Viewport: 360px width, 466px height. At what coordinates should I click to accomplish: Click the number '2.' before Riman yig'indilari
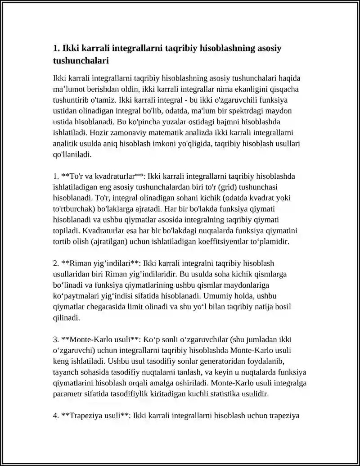[x=56, y=263]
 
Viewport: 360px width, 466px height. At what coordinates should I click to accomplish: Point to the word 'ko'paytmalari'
[x=75, y=296]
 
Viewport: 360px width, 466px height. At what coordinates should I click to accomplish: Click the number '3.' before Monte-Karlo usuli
[x=56, y=339]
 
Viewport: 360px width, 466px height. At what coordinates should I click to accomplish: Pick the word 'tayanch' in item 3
[x=66, y=372]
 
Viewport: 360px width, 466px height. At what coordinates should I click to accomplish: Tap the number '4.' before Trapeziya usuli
[x=56, y=416]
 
